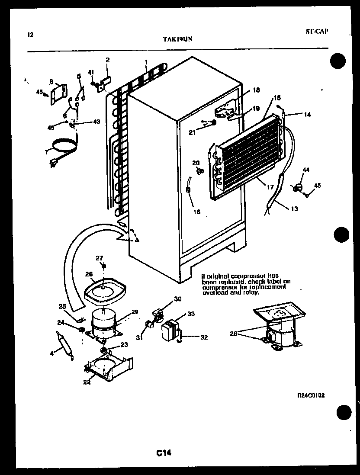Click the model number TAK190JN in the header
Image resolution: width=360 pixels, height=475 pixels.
[177, 39]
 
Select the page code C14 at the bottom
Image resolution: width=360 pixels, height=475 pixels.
[164, 453]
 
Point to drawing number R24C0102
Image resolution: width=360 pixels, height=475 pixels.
[311, 395]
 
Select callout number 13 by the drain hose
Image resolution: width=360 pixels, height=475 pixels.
[294, 209]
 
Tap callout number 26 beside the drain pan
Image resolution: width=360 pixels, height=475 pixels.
[89, 273]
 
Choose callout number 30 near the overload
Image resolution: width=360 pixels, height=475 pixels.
[178, 299]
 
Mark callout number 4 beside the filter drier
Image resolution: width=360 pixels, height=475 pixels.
[52, 353]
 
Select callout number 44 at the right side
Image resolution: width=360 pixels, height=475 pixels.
[306, 171]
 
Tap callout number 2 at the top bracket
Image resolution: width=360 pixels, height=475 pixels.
[107, 60]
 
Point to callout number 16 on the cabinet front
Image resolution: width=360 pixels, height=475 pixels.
[197, 212]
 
